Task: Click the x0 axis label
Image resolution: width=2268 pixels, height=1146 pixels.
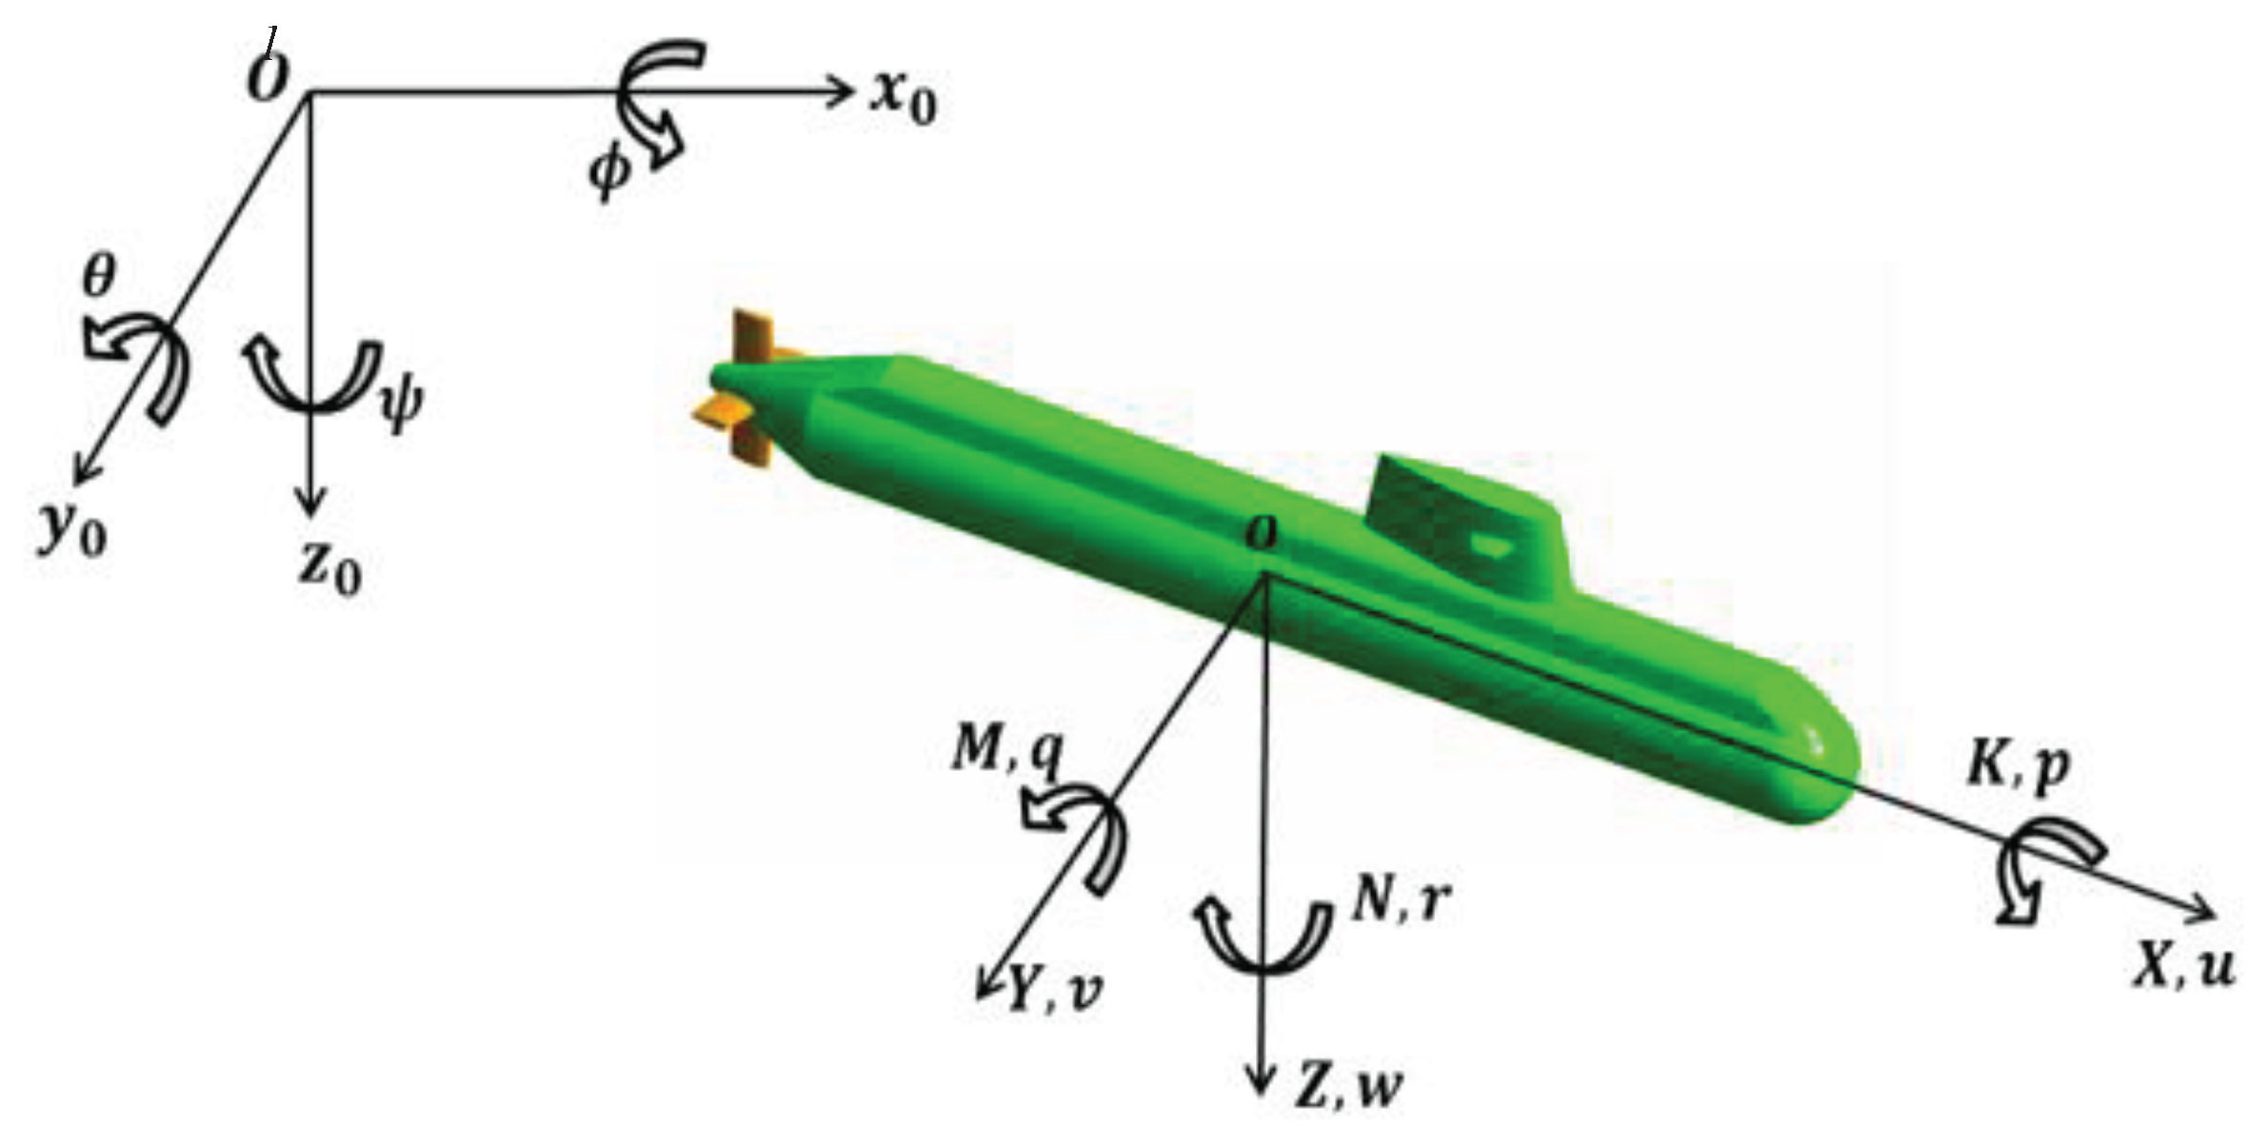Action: [x=903, y=98]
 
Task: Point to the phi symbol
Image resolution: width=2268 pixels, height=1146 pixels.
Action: [x=609, y=172]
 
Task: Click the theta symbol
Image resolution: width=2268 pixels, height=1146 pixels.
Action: [x=98, y=277]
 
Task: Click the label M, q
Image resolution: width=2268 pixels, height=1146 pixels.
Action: [x=1006, y=753]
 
